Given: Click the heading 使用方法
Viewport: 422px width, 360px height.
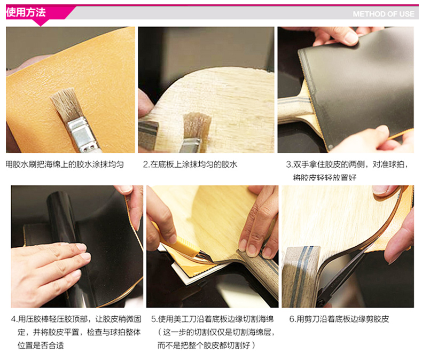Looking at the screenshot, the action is [26, 12].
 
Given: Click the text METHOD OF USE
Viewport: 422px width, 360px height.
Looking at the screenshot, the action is [384, 14].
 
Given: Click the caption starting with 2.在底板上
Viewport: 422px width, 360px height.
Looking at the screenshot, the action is [190, 165].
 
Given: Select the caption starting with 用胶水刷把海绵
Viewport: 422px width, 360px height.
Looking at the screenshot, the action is [65, 165].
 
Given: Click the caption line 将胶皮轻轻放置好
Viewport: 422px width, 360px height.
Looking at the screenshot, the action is [325, 177].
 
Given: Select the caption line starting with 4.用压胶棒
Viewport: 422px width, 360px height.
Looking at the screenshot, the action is [76, 319].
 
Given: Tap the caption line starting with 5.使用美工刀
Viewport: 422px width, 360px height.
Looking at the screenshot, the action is [213, 319].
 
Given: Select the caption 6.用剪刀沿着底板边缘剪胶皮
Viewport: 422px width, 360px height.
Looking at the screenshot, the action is [339, 319].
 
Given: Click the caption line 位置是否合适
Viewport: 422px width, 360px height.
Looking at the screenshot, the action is [41, 345].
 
